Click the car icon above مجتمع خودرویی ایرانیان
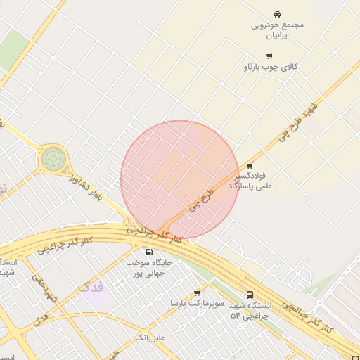coord(278,14)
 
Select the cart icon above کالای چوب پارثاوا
coord(269,56)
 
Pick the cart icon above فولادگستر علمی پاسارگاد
coord(250,167)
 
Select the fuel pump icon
coord(149,252)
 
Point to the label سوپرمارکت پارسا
coord(197,303)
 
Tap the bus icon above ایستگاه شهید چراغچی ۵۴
coord(250,295)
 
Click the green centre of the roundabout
coord(51,158)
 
